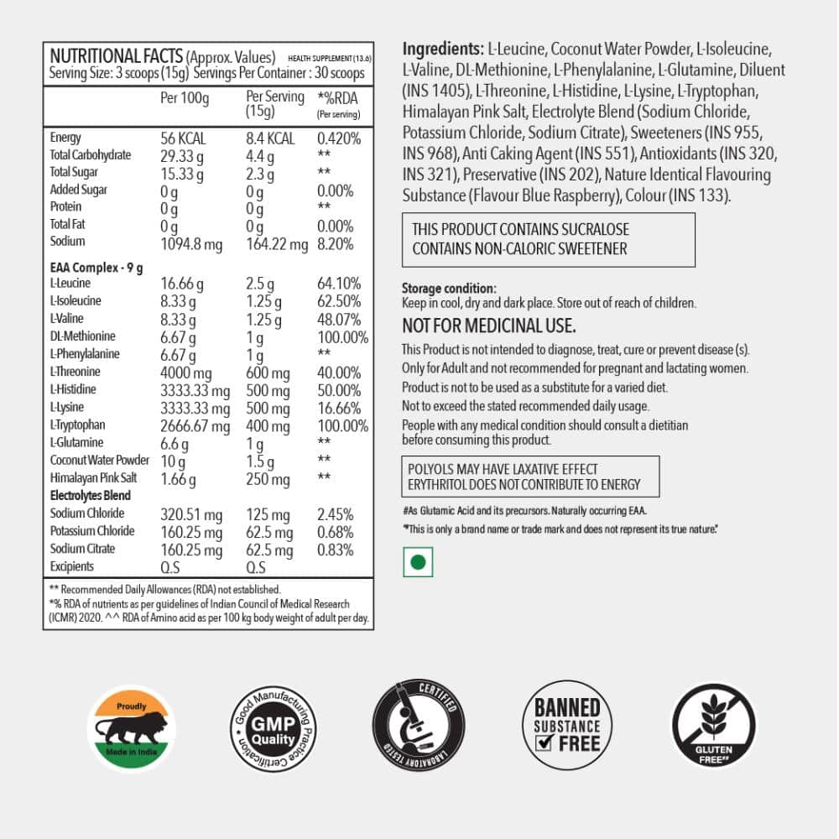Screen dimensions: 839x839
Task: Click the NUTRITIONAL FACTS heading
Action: [x=116, y=56]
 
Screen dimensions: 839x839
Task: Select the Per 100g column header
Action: [x=184, y=98]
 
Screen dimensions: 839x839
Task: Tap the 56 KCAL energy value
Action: [x=183, y=138]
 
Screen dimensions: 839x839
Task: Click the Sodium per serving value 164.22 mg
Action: [x=277, y=243]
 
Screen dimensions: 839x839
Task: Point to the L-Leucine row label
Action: [x=70, y=284]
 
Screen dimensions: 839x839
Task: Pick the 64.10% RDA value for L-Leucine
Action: [x=339, y=284]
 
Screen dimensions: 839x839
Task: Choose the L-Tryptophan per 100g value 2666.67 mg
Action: [x=195, y=425]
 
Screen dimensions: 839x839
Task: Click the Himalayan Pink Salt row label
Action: [x=93, y=478]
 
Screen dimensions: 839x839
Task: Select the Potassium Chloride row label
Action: [x=91, y=531]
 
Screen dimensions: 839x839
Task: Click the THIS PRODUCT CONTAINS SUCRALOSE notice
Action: [x=520, y=230]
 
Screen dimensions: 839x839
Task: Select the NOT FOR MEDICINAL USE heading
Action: [x=489, y=326]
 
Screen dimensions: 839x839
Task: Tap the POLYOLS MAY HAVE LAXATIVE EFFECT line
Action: [x=503, y=469]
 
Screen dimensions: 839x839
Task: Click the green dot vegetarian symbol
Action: [x=418, y=563]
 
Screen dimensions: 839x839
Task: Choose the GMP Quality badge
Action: [x=274, y=727]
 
